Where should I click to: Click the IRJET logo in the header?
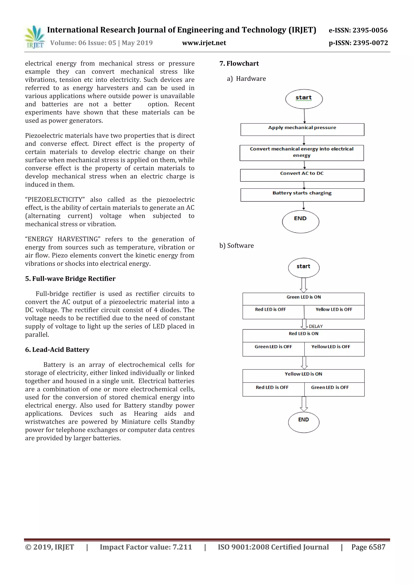coord(35,37)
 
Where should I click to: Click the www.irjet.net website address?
coord(204,43)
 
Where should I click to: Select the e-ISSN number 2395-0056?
coord(358,30)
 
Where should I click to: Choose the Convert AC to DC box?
coord(302,175)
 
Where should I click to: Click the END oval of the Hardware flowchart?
coord(301,221)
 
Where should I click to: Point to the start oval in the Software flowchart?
coord(304,267)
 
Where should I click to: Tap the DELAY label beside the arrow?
coord(316,326)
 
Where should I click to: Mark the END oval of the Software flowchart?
coord(304,422)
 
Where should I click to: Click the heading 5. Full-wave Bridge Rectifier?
coord(70,279)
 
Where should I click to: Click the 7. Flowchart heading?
coord(239,63)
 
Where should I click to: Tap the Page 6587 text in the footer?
coord(368,547)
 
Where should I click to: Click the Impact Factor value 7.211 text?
coord(146,547)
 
